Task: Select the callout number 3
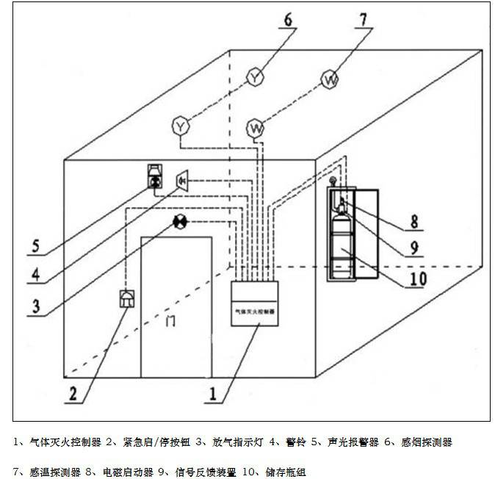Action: coord(35,305)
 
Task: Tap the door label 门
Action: coord(171,320)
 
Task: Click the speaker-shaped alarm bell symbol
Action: coord(183,179)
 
